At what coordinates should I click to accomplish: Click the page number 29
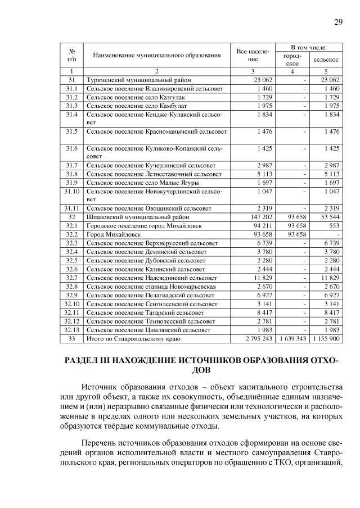coord(339,22)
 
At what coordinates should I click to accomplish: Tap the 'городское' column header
coord(292,59)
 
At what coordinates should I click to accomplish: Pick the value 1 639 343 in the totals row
coord(292,339)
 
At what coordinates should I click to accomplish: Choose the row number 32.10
coord(71,304)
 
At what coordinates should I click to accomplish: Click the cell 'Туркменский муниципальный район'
coord(133,80)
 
